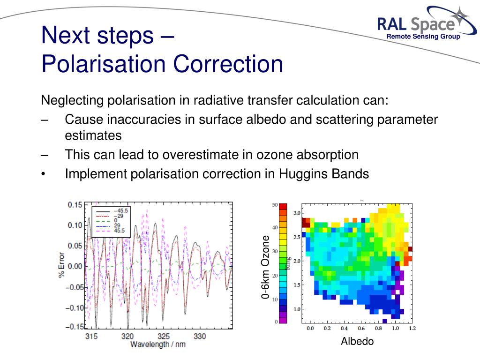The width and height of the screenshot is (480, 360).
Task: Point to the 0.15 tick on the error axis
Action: click(75, 204)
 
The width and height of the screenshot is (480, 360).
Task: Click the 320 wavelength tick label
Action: click(127, 337)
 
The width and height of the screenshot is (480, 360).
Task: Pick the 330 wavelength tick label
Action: click(200, 337)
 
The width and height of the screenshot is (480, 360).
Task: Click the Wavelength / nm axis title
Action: click(158, 345)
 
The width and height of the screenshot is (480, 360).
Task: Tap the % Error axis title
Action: click(61, 265)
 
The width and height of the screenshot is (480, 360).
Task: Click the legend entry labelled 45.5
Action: click(111, 231)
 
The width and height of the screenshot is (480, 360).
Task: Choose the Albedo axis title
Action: click(357, 341)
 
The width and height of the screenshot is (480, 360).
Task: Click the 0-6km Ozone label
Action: click(265, 267)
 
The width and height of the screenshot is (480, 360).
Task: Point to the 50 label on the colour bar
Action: click(275, 205)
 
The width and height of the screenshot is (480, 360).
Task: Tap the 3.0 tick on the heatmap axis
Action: click(297, 213)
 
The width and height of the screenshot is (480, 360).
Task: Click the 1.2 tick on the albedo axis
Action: click(412, 328)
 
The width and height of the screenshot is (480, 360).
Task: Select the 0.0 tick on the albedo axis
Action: click(310, 328)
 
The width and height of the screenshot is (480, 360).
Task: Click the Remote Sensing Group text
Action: click(423, 37)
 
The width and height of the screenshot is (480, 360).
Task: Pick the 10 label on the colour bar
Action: click(275, 300)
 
